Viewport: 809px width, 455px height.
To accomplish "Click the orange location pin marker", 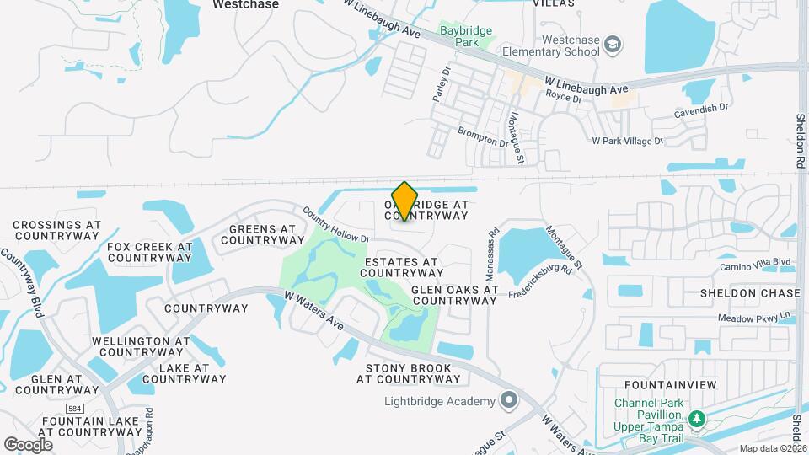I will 405,201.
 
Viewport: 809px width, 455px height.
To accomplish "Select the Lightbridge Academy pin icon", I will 507,400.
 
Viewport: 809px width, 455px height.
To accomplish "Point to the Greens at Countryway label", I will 258,234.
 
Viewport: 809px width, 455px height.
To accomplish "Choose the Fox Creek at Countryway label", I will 150,252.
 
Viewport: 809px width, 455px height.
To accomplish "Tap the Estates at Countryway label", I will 403,267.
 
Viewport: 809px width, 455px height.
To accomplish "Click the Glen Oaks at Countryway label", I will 455,295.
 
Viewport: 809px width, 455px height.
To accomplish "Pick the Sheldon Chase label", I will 750,293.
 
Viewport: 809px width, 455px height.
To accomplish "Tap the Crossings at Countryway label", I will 57,231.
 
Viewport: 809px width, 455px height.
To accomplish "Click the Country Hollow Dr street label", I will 336,226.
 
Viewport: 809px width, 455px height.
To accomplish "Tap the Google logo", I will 29,444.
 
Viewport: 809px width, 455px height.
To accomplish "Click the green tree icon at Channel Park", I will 696,419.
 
